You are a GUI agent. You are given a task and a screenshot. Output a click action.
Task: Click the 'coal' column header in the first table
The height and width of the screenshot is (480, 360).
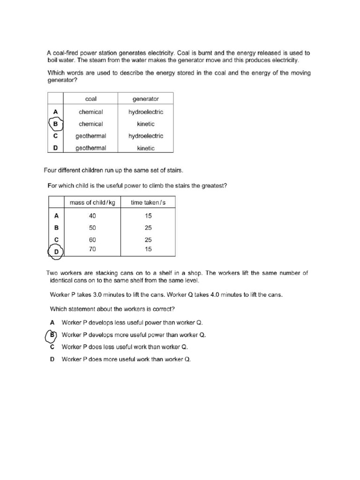90,99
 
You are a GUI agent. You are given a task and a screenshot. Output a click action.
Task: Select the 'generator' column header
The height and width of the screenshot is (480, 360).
146,99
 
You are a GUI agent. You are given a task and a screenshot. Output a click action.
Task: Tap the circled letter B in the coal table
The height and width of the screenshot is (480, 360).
55,124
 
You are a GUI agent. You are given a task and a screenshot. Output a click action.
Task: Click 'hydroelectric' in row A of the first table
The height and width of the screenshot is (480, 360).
146,112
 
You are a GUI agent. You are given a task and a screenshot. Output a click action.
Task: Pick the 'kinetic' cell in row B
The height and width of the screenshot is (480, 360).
146,124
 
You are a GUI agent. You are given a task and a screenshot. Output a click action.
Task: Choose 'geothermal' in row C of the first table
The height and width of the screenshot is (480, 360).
91,136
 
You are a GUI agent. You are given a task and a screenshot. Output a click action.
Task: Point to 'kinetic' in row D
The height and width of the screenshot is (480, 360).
146,148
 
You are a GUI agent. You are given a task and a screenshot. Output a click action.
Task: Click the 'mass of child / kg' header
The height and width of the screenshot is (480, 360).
92,202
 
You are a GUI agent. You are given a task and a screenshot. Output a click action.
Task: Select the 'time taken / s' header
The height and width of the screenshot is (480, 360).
148,202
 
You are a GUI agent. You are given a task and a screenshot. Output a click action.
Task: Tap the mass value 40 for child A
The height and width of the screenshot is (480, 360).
92,216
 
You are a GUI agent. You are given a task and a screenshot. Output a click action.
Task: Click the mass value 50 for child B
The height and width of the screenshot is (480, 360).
92,228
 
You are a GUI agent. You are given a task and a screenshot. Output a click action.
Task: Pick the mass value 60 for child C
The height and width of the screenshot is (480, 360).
92,240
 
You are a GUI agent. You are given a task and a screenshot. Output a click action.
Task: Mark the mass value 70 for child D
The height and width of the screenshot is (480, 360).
92,249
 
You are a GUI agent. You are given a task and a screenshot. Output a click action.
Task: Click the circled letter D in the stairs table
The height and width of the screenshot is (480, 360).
56,252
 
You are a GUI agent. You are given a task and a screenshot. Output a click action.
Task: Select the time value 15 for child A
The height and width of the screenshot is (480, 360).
148,216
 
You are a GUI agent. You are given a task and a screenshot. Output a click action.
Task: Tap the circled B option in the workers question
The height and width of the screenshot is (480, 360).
52,335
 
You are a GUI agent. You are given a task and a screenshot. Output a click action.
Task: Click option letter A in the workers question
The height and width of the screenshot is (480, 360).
52,323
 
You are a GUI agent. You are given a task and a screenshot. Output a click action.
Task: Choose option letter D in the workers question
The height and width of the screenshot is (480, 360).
52,359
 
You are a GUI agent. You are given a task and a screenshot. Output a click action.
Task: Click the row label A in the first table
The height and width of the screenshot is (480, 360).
55,112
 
